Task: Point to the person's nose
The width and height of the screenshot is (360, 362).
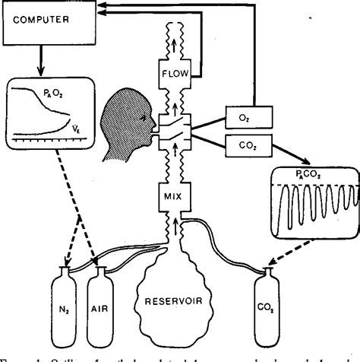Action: click(156, 122)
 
